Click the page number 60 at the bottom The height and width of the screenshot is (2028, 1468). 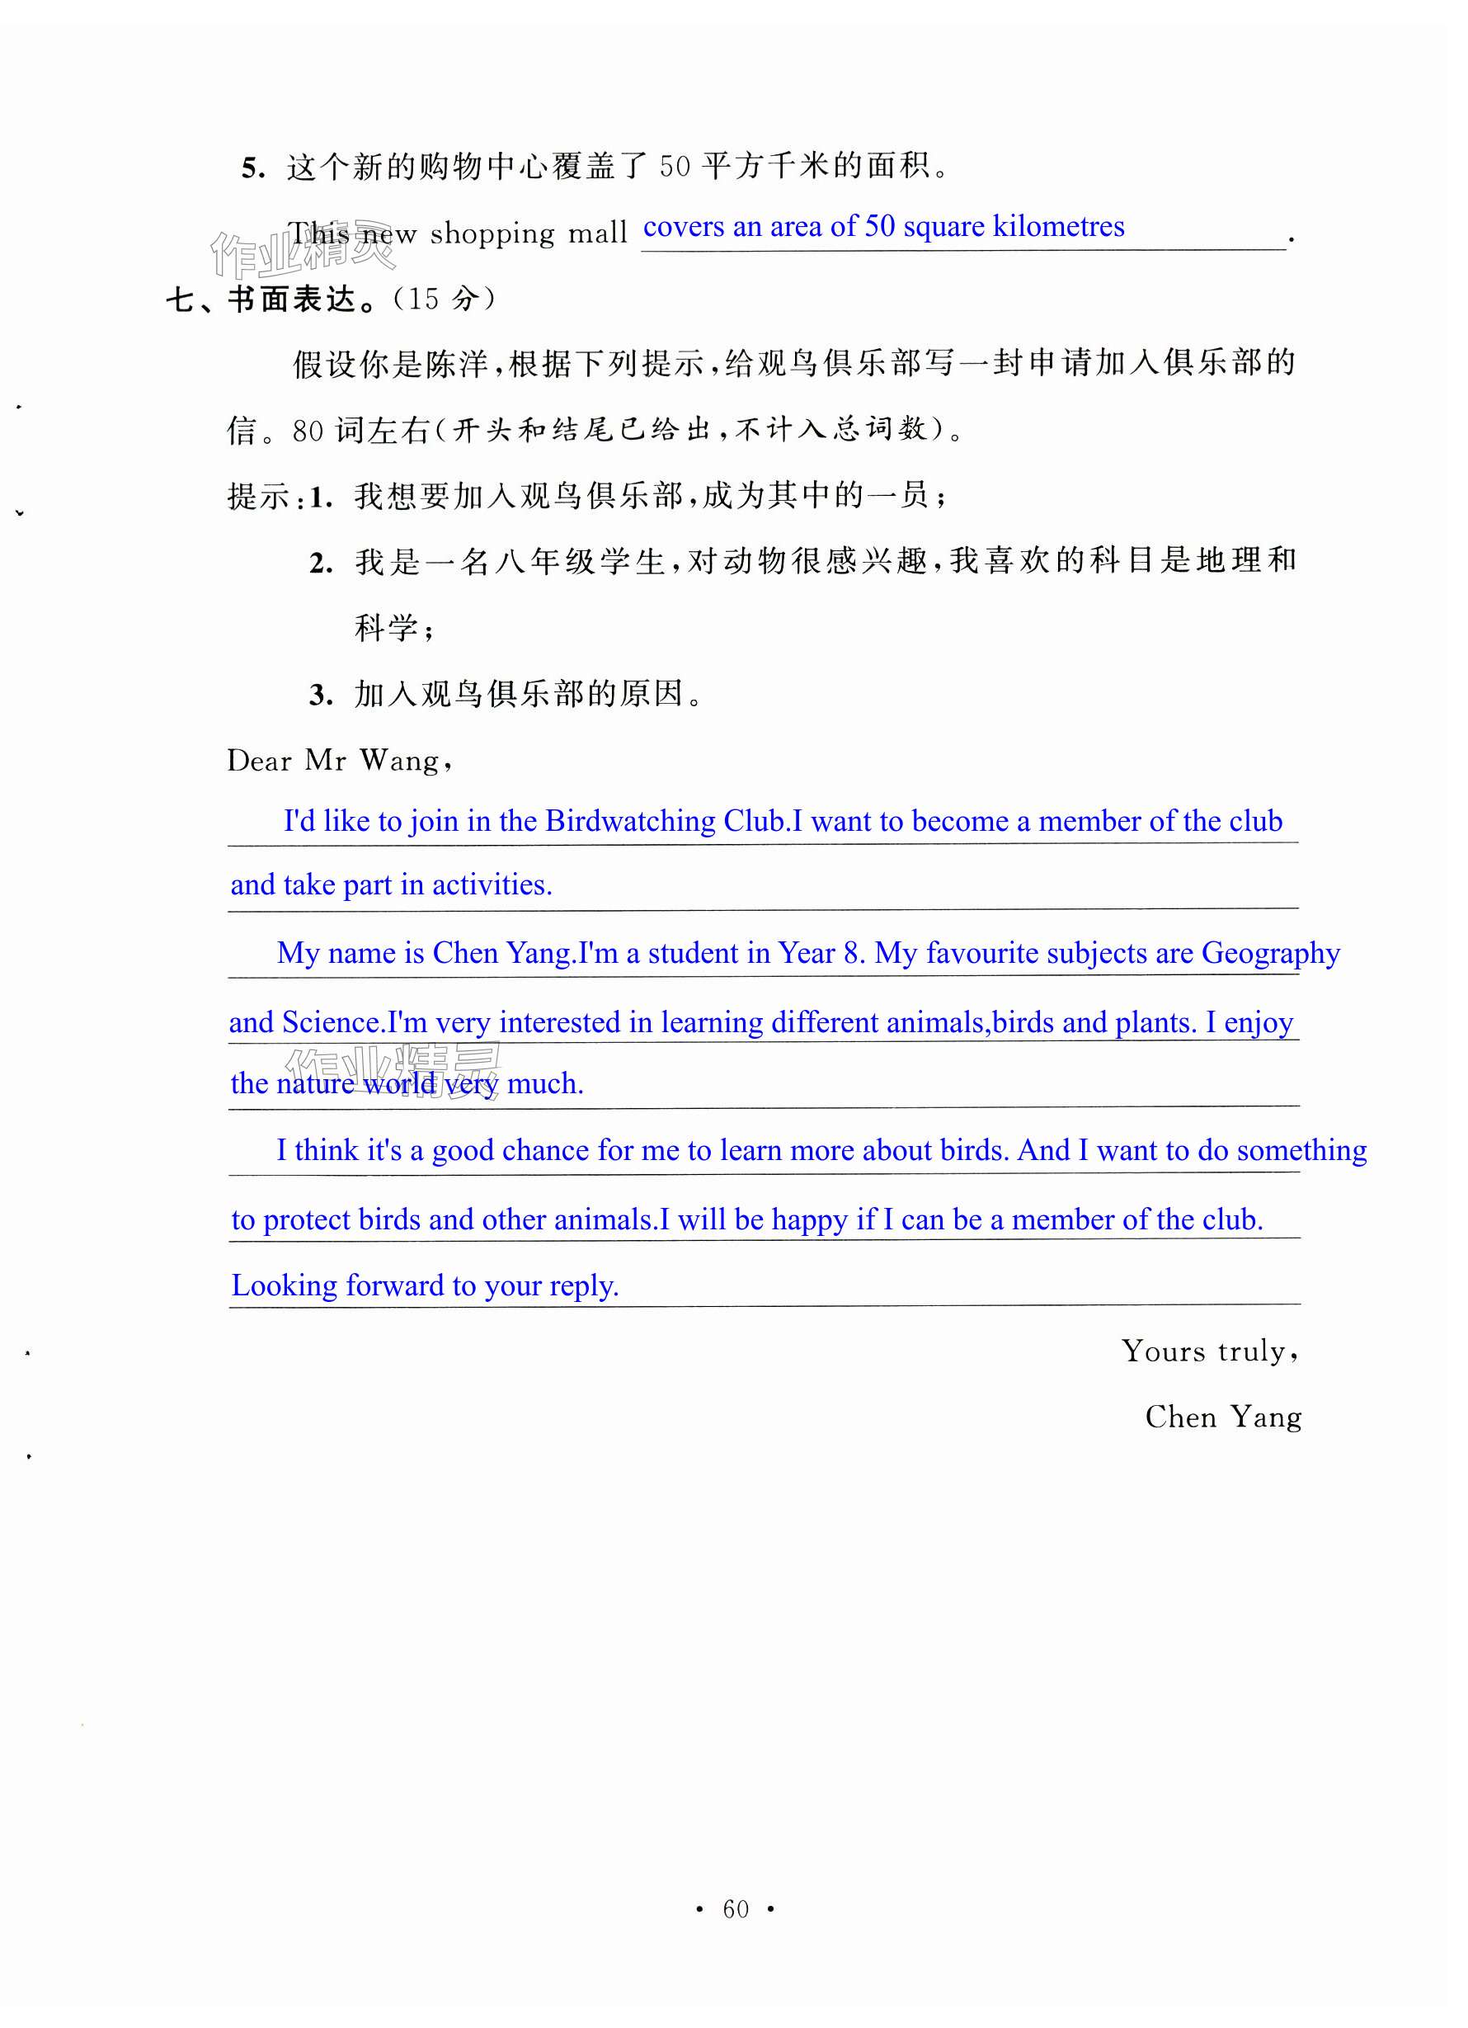[735, 1909]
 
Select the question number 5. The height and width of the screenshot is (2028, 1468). [252, 168]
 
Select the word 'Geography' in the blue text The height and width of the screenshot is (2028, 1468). [1270, 954]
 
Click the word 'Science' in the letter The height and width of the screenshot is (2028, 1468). [332, 1022]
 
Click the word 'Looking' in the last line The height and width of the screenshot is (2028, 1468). [285, 1285]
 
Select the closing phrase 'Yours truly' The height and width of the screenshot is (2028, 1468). [1208, 1351]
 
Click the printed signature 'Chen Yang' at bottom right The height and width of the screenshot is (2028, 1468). [1222, 1417]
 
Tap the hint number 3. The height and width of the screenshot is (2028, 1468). [320, 695]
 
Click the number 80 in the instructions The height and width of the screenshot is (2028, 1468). [308, 432]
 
